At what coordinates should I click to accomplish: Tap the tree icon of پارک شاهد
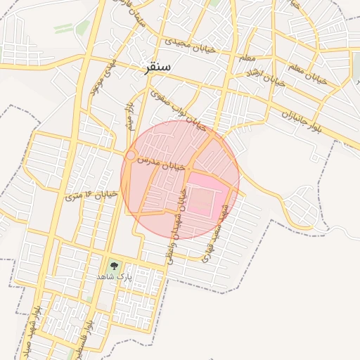click(114, 266)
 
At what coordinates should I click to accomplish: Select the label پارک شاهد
click(114, 278)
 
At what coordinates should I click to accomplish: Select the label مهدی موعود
click(98, 78)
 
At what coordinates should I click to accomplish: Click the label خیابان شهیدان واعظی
click(176, 225)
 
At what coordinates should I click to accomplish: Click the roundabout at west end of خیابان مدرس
click(131, 155)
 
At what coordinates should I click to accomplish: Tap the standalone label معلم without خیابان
click(247, 57)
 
